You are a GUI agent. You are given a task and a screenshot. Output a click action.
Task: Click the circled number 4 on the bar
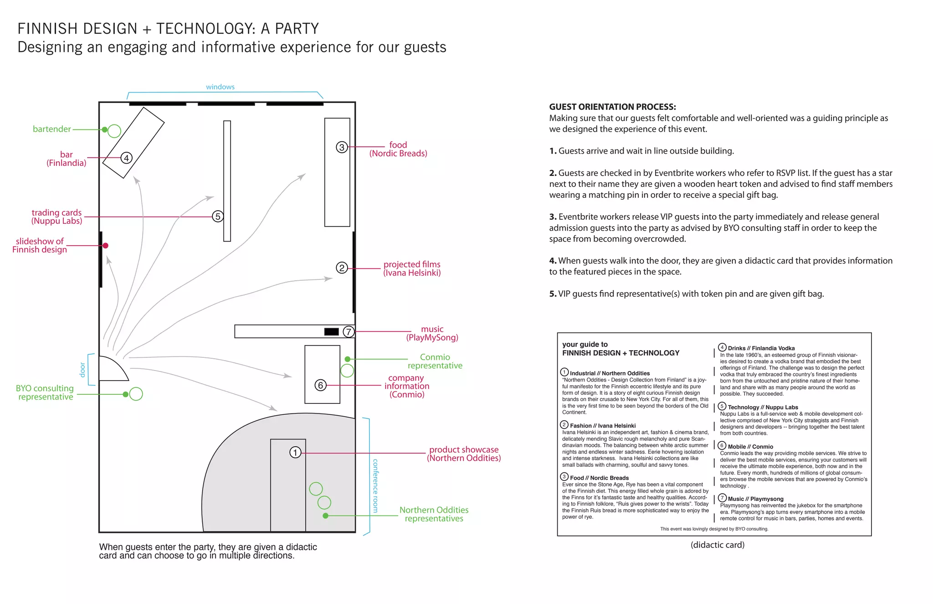click(126, 158)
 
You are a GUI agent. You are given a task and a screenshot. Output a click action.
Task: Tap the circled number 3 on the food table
click(342, 147)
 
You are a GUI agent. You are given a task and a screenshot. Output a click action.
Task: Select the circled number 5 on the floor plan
click(218, 217)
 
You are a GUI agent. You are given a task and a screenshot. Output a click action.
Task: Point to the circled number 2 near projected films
click(342, 268)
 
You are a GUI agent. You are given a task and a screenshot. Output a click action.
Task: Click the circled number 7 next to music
click(349, 332)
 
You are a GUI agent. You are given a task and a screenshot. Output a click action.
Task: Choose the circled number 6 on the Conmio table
click(320, 385)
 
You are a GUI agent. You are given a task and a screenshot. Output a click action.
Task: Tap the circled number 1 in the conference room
click(295, 452)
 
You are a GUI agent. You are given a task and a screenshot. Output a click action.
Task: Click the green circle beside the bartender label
click(114, 131)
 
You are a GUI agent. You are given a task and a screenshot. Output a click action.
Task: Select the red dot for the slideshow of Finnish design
click(106, 246)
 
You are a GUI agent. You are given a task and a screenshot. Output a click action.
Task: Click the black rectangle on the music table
click(331, 332)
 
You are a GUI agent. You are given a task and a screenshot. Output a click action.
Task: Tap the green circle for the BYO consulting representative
click(136, 394)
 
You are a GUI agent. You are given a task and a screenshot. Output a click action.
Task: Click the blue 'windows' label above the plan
click(220, 87)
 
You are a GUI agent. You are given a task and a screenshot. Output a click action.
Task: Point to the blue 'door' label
click(82, 369)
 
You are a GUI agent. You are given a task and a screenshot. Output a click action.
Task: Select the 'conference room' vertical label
click(375, 485)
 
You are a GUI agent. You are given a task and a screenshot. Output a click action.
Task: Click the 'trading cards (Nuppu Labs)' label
click(57, 217)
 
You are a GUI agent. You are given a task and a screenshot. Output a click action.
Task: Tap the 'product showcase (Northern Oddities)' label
click(464, 454)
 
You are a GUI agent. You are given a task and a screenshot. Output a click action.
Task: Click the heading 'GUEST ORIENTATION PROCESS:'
click(612, 107)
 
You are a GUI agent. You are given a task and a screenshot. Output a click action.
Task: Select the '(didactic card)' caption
click(718, 545)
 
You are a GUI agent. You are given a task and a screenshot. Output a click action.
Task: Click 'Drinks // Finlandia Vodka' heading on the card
click(761, 348)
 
